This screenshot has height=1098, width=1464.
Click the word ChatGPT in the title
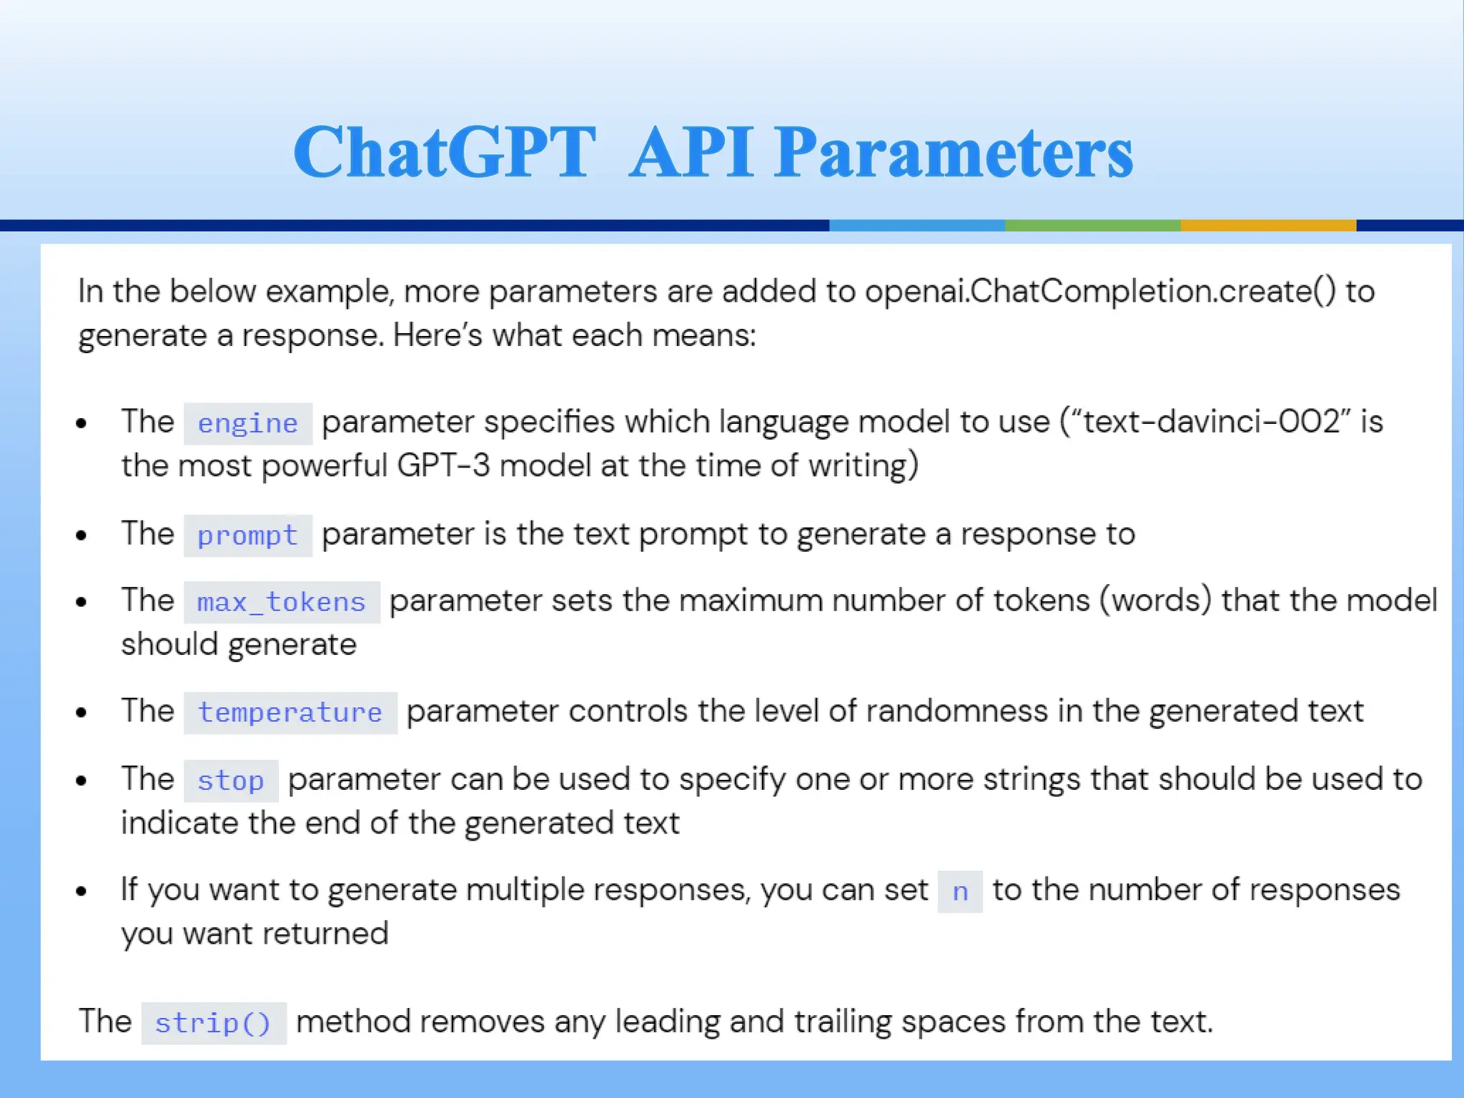tap(445, 152)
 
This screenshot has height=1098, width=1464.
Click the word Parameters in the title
tap(954, 152)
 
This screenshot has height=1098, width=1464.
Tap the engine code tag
tap(247, 423)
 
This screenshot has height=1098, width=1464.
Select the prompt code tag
tap(247, 535)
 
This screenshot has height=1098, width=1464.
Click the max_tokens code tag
tap(282, 603)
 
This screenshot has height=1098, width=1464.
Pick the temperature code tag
tap(290, 713)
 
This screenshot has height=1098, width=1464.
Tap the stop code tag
tap(230, 781)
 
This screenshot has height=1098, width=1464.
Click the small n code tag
tap(960, 891)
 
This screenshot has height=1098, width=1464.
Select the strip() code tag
tap(213, 1023)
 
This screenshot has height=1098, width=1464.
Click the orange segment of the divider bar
tap(1267, 225)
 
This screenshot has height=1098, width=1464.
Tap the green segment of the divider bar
tap(1092, 225)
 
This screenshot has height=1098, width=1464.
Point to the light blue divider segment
tap(916, 225)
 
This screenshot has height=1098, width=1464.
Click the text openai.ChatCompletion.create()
tap(1099, 292)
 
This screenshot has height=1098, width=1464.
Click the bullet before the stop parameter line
tap(81, 781)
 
